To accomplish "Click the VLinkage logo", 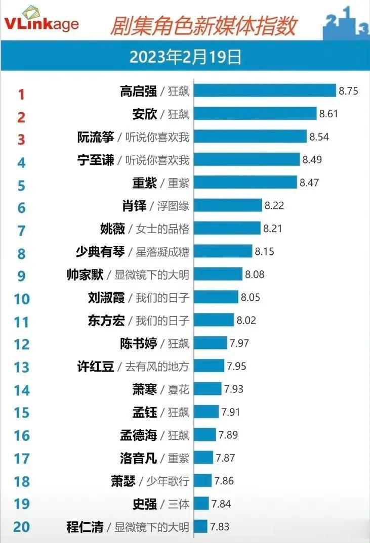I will click(x=42, y=23).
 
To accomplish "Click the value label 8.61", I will click(x=328, y=114).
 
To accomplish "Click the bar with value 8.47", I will click(x=245, y=182).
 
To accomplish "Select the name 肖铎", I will click(x=134, y=205).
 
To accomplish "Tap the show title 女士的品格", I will click(x=162, y=229).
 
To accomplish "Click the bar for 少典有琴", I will click(x=223, y=251).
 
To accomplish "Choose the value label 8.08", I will click(x=255, y=275).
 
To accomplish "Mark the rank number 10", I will click(x=21, y=299).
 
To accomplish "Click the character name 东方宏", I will click(x=106, y=321).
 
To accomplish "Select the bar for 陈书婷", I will click(x=210, y=343).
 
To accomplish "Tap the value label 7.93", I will click(x=234, y=389).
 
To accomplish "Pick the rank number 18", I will click(x=21, y=481).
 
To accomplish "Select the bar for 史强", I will click(x=201, y=504).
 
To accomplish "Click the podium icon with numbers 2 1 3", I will click(x=346, y=23).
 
